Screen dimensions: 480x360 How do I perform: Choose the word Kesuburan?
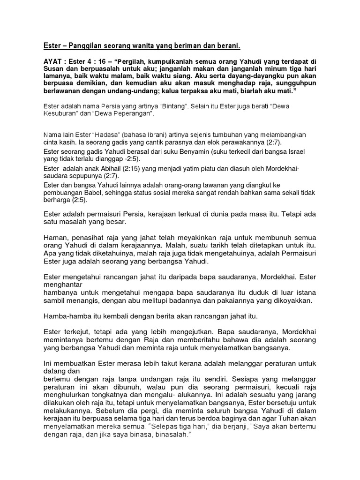[62, 113]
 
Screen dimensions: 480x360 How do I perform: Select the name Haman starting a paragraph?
[55, 237]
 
